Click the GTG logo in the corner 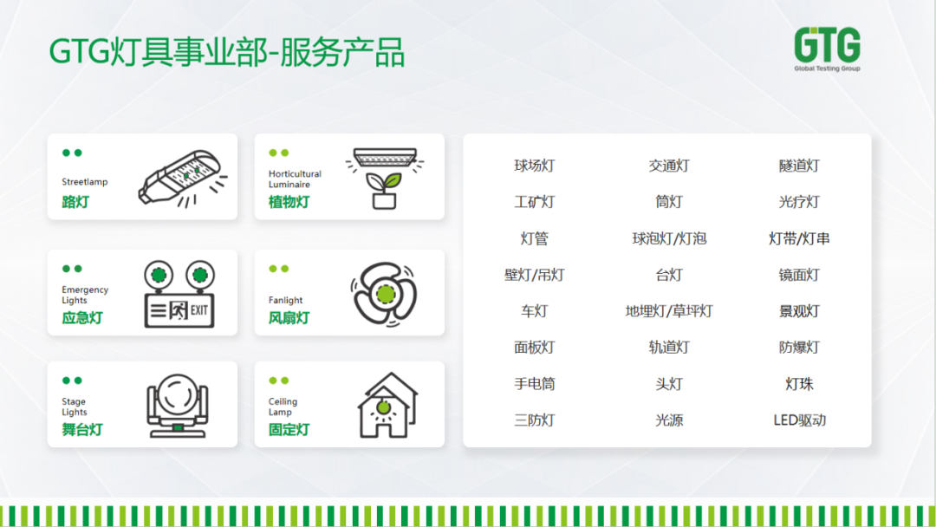click(x=827, y=49)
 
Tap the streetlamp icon click(x=183, y=177)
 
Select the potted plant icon click(x=385, y=177)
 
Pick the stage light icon click(x=178, y=404)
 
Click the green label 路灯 click(x=75, y=202)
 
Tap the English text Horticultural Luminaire click(x=295, y=179)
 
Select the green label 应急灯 click(x=82, y=317)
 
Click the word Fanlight click(x=286, y=300)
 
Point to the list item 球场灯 click(x=535, y=166)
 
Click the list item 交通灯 click(x=669, y=166)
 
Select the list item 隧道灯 click(x=799, y=166)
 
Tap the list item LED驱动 click(x=799, y=420)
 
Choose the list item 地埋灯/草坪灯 click(x=669, y=311)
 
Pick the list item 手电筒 click(x=535, y=384)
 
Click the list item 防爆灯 click(x=799, y=348)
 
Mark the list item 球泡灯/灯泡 click(x=669, y=238)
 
